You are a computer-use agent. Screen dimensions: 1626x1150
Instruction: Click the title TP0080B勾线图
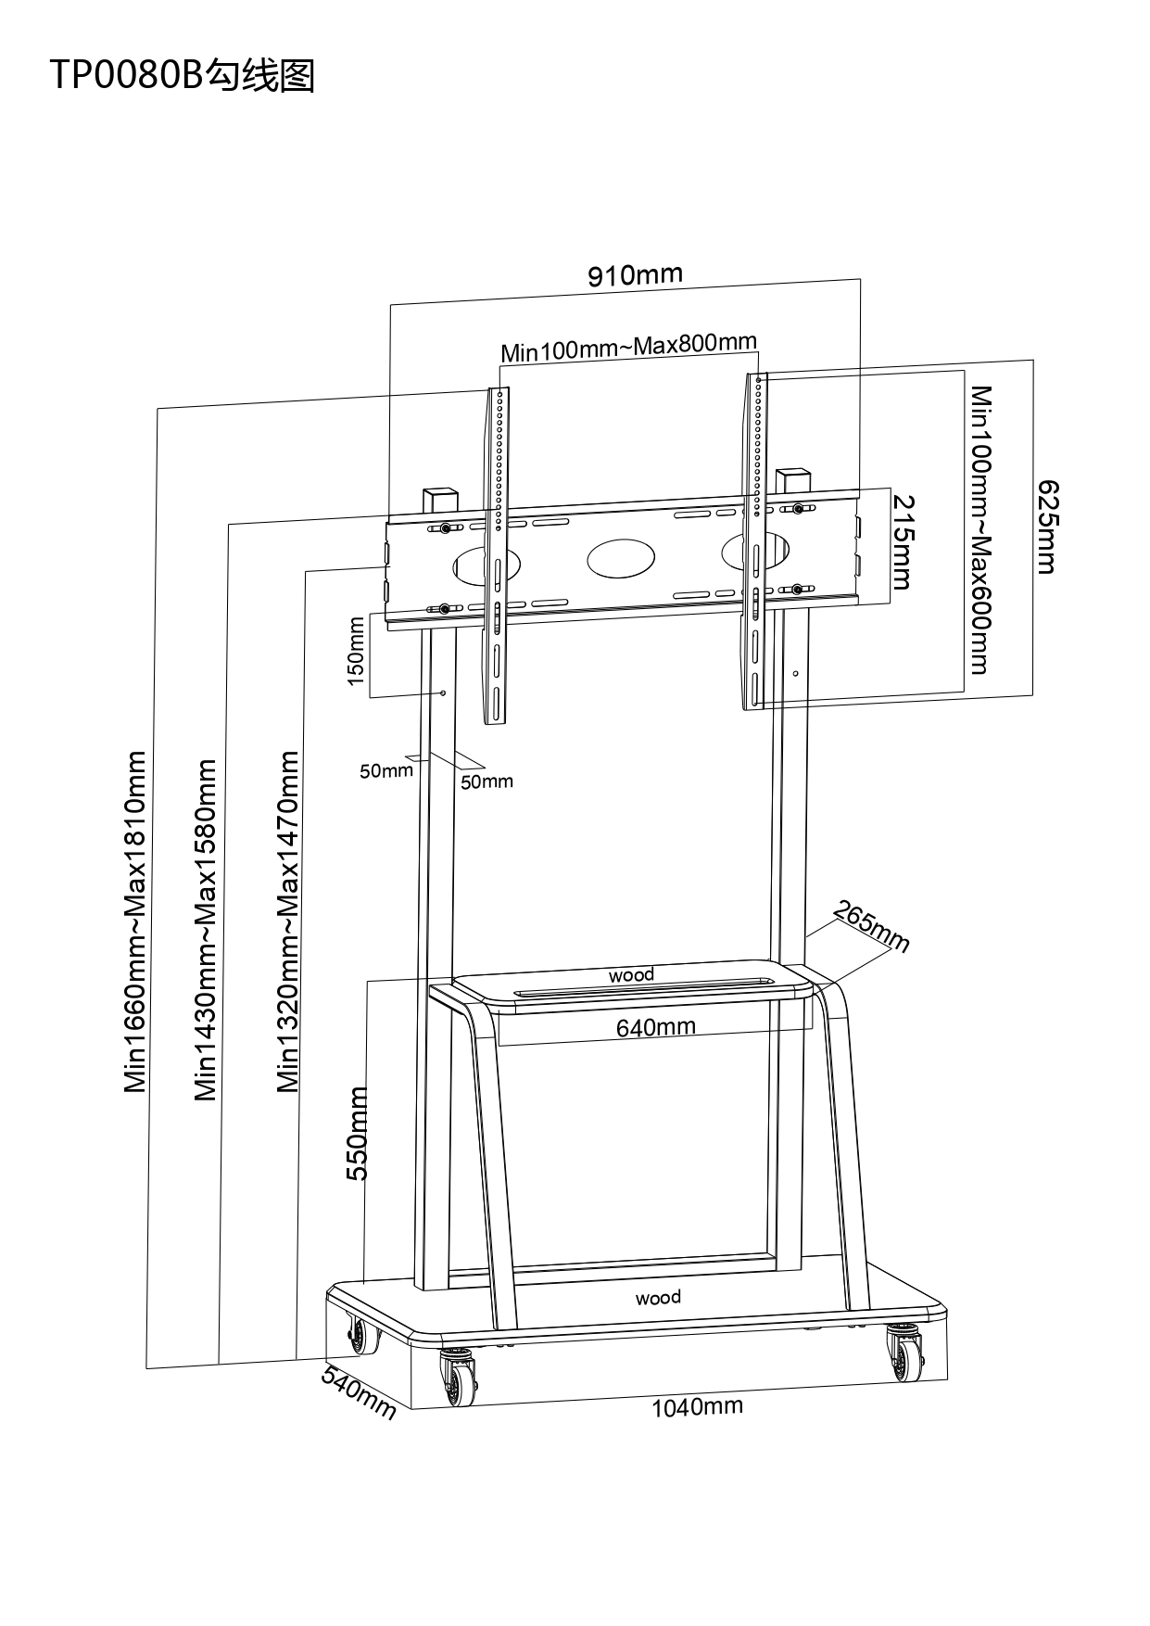[183, 75]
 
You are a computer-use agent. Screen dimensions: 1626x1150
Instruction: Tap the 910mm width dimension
[635, 274]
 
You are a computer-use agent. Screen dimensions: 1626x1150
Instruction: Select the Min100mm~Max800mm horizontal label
[628, 348]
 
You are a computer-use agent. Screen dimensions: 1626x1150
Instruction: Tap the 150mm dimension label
[356, 651]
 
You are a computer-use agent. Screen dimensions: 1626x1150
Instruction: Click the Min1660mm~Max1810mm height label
[136, 921]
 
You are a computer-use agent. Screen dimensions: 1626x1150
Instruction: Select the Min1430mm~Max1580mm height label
[206, 930]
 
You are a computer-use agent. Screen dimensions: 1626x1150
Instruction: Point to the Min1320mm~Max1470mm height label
[289, 921]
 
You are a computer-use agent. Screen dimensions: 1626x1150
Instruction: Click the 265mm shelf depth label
[871, 926]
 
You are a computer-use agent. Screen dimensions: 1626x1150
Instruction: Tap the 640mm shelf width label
[656, 1027]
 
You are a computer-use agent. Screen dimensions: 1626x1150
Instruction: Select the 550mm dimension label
[358, 1133]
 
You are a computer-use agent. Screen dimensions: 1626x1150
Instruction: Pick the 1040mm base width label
[697, 1407]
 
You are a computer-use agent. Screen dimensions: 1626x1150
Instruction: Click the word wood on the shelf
[631, 974]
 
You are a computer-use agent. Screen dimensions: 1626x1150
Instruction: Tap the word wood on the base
[658, 1297]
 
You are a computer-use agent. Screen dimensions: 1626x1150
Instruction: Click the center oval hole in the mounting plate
[621, 556]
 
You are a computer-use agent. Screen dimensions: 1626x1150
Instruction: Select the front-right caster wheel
[904, 1354]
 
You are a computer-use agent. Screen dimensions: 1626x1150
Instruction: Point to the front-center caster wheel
[459, 1378]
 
